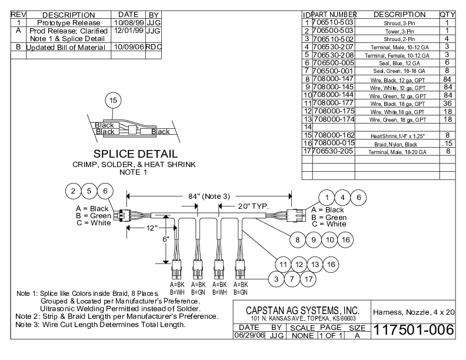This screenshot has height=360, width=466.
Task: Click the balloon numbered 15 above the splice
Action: tap(113, 101)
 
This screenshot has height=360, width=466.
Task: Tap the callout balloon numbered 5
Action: tap(89, 191)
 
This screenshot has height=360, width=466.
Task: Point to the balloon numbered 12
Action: tap(299, 264)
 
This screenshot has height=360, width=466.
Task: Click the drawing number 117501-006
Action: tap(414, 331)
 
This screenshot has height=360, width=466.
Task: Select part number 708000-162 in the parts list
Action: tap(334, 135)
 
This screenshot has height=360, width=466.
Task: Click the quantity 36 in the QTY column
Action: tap(447, 102)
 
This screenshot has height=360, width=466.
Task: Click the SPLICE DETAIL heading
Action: tap(136, 154)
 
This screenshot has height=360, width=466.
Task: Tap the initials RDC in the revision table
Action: tap(154, 47)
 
